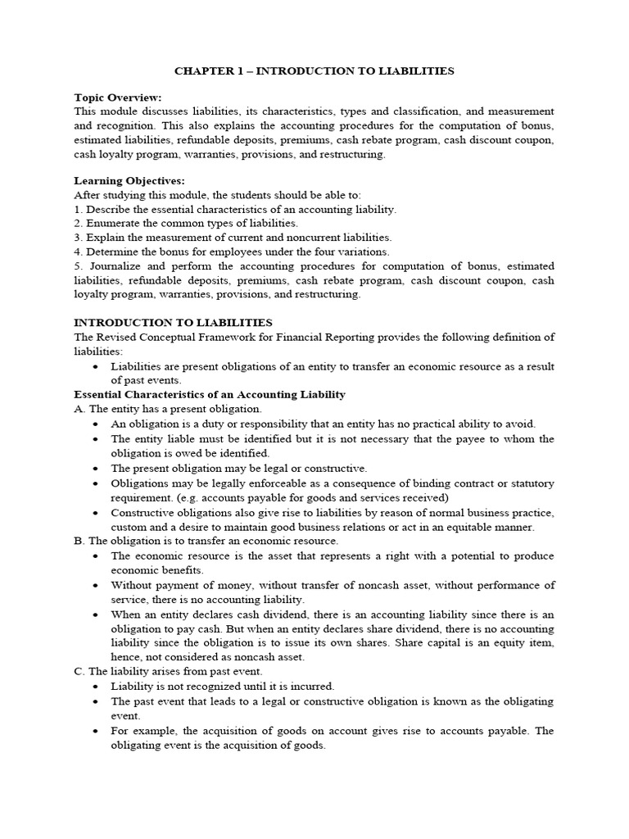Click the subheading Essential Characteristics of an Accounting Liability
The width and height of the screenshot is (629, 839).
click(x=210, y=394)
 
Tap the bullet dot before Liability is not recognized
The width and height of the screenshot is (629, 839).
click(x=97, y=687)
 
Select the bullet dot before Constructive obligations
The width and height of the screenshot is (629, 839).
click(x=97, y=512)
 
